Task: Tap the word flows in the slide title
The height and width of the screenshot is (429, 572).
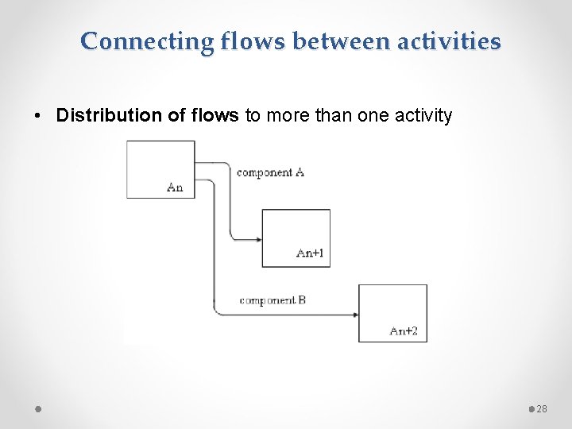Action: pos(236,41)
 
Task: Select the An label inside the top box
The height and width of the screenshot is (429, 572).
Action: pos(175,187)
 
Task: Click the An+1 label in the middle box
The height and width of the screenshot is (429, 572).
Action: pos(309,253)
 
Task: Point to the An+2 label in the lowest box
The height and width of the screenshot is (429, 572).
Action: pos(404,330)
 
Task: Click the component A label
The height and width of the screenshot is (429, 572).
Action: pos(270,172)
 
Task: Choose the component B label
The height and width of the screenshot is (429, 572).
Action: pos(272,300)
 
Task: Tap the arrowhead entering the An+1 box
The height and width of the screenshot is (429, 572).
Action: pos(257,238)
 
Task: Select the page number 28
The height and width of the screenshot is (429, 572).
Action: pos(543,408)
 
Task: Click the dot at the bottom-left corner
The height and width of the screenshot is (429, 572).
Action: pos(38,408)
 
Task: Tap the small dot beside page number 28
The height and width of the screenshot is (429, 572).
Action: pos(531,408)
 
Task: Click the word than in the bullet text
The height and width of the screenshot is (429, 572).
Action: pos(334,116)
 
